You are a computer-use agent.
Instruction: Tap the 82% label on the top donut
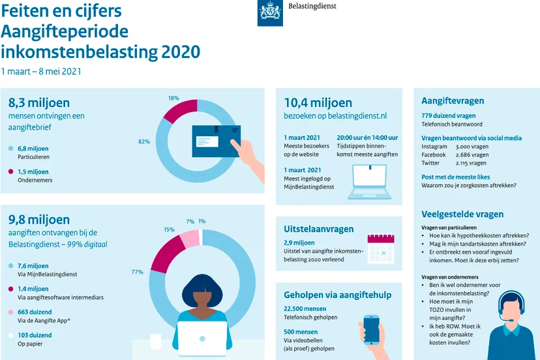click(x=144, y=142)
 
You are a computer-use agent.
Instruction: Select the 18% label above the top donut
click(x=173, y=98)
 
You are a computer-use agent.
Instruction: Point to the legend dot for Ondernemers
click(x=10, y=172)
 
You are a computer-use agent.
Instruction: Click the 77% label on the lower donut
click(x=137, y=271)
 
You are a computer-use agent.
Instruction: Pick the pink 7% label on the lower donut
click(x=190, y=222)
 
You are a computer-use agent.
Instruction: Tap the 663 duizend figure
click(x=33, y=312)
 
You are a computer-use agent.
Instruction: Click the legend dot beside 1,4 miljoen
click(x=10, y=289)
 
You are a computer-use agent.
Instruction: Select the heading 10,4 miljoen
click(x=318, y=102)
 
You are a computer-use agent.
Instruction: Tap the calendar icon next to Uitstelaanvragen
click(x=381, y=248)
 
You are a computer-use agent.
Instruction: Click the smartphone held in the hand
click(x=371, y=329)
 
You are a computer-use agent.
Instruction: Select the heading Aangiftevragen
click(x=452, y=100)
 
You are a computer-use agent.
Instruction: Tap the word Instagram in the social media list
click(x=435, y=147)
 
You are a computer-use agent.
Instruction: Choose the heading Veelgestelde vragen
click(x=462, y=214)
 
